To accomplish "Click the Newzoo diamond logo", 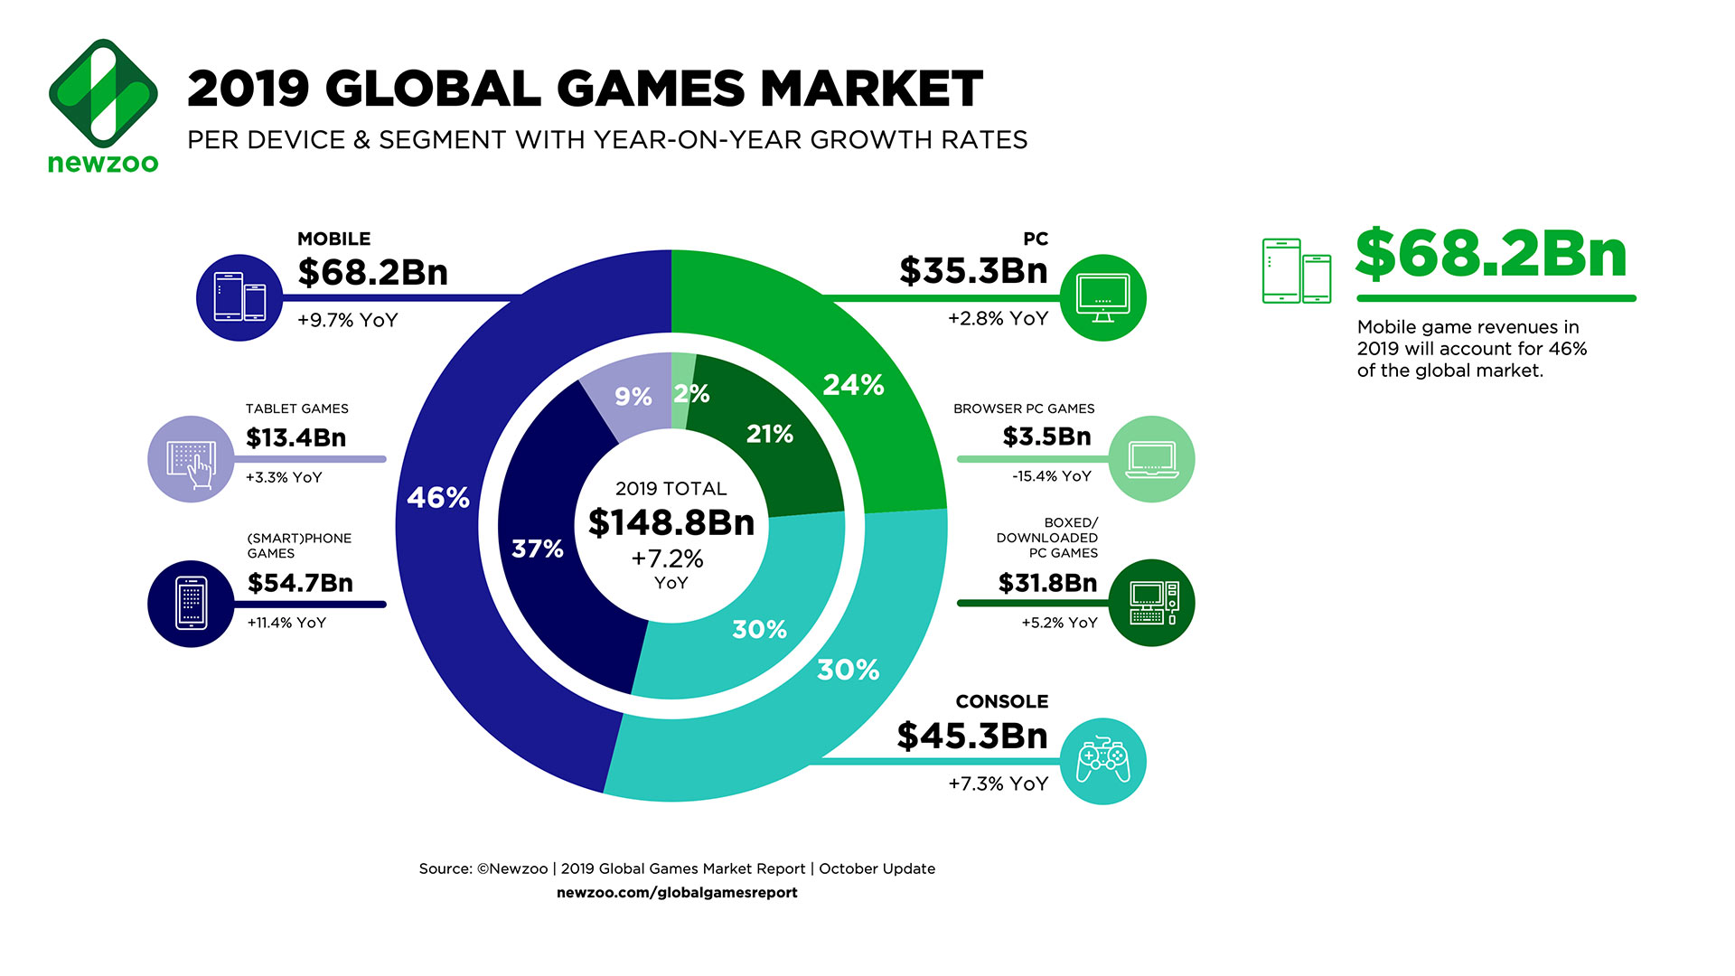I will click(x=103, y=93).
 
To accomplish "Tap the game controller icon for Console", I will click(x=1102, y=761).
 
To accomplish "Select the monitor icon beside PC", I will click(x=1102, y=298).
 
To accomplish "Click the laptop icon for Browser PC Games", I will click(x=1151, y=459).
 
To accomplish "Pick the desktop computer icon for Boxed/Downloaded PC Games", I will click(x=1151, y=604).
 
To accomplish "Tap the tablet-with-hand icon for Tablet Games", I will click(x=192, y=459).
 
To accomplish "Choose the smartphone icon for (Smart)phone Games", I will click(x=192, y=604).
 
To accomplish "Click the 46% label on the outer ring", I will click(x=438, y=498).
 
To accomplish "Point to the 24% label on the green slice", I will click(x=853, y=385).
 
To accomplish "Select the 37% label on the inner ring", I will click(x=538, y=549).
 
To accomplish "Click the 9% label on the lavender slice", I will click(x=633, y=397).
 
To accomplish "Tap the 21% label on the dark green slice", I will click(x=770, y=435).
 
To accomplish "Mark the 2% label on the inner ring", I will click(x=691, y=394).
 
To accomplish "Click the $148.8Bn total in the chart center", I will click(x=671, y=523).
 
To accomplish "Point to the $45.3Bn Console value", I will click(x=972, y=737).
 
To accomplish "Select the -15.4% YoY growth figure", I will click(x=1052, y=476).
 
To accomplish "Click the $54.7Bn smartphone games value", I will click(x=300, y=583).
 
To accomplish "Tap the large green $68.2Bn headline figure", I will click(x=1491, y=254).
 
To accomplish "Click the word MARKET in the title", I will click(x=871, y=89).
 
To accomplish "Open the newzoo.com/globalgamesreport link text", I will click(x=677, y=893).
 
